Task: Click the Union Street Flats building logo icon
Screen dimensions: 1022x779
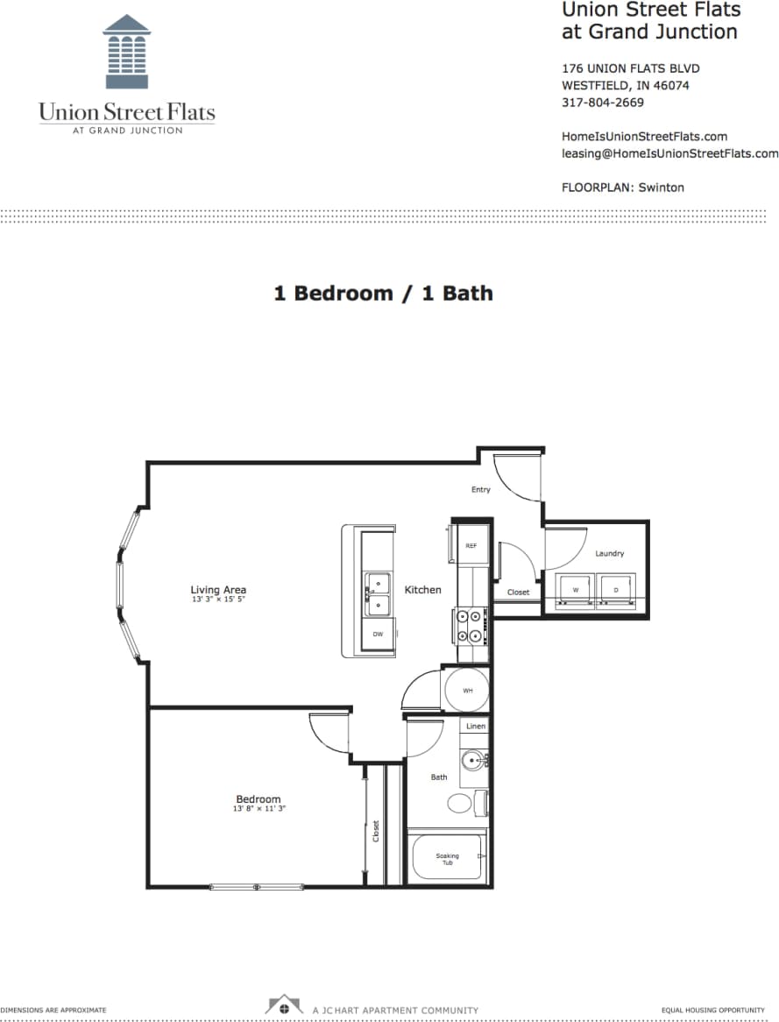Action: point(127,52)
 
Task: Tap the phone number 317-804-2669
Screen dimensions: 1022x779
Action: point(602,103)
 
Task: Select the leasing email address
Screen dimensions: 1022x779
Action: point(669,153)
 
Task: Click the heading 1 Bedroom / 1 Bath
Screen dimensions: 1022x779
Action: point(383,293)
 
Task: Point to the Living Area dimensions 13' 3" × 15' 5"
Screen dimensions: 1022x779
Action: point(218,600)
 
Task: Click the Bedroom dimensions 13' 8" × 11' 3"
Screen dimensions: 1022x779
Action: point(258,809)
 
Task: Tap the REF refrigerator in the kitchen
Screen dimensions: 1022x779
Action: point(471,545)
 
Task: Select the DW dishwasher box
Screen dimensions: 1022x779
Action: point(378,634)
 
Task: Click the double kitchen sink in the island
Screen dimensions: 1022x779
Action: point(379,593)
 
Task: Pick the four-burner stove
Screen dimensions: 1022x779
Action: point(471,625)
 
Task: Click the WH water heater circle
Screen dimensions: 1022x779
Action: point(467,691)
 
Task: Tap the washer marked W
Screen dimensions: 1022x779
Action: point(576,590)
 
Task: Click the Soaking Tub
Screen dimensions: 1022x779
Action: point(448,858)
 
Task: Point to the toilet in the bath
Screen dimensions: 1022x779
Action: point(462,803)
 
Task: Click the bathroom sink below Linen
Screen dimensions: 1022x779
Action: point(473,759)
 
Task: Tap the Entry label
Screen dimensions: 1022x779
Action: point(480,489)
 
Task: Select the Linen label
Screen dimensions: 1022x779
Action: point(475,727)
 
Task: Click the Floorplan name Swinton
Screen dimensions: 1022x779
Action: point(661,188)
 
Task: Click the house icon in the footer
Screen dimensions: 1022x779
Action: point(284,1006)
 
